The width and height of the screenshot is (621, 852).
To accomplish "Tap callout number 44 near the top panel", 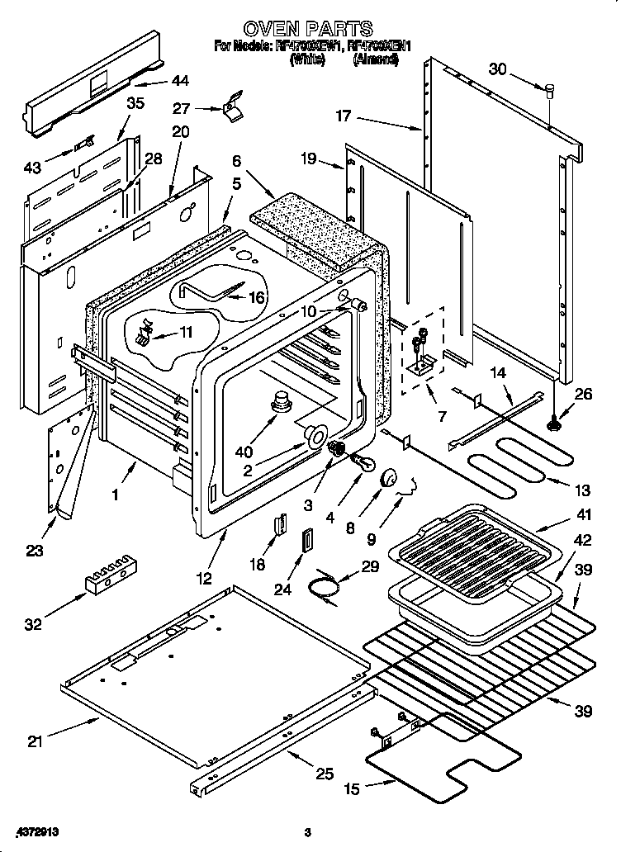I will pyautogui.click(x=179, y=81).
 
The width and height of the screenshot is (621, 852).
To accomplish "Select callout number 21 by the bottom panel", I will pyautogui.click(x=34, y=741).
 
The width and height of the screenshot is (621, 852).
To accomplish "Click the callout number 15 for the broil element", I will pyautogui.click(x=352, y=790).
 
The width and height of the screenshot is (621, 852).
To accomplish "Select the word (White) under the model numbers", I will pyautogui.click(x=307, y=59).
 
